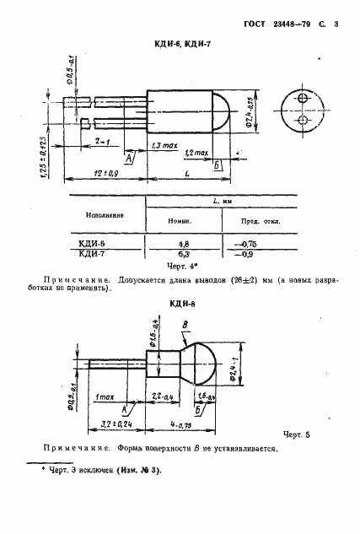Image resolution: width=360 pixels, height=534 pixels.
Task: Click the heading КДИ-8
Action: tap(180, 305)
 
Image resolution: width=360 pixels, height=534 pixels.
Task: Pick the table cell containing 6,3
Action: tap(183, 252)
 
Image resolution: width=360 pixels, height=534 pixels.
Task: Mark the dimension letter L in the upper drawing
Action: tap(186, 172)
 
